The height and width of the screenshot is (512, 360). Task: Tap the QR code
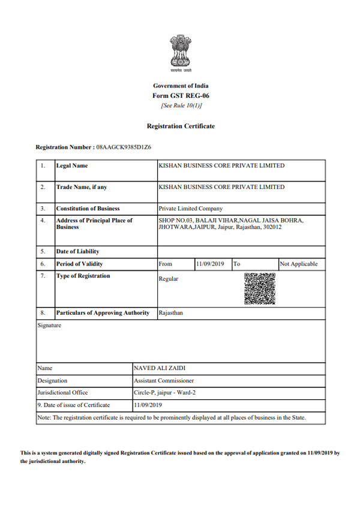260,288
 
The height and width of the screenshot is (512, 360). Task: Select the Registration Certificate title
181,127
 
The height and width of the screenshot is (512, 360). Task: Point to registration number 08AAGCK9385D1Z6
126,147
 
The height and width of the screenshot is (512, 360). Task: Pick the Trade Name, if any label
82,187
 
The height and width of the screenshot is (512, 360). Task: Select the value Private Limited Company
190,209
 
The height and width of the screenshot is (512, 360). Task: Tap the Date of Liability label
78,251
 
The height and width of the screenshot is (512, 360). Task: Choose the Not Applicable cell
299,264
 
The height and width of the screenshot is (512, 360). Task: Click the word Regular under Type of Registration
168,279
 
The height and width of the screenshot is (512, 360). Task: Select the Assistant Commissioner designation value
164,380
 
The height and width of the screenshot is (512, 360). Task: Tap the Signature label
49,326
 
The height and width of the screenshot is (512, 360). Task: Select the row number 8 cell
43,313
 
